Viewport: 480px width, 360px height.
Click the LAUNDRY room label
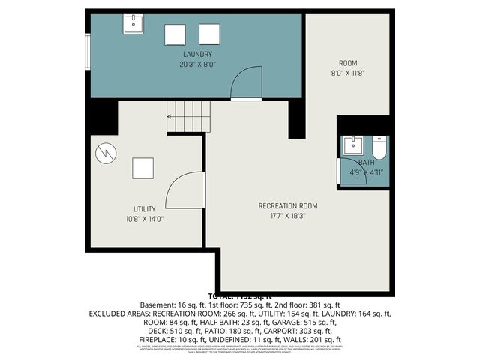[x=197, y=55]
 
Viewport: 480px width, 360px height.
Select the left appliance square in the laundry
[x=175, y=34]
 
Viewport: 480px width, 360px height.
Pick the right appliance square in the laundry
[x=209, y=34]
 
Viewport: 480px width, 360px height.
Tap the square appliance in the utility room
[x=143, y=168]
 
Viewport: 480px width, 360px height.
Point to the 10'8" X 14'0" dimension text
[x=144, y=219]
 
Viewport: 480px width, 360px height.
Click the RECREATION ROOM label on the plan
[x=288, y=205]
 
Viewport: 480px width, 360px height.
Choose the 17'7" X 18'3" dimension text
[x=288, y=216]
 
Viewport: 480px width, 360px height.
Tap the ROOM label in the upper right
[x=348, y=63]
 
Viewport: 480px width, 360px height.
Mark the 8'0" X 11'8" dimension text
[x=348, y=73]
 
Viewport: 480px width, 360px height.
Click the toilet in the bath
[x=378, y=149]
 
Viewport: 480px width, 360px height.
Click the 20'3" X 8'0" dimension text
[x=197, y=64]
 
